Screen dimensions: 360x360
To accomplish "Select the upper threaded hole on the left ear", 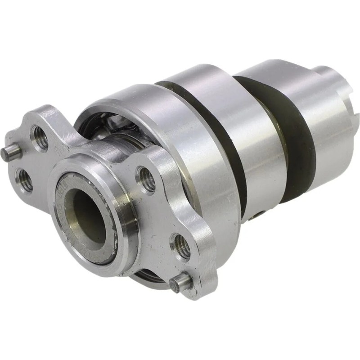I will pyautogui.click(x=40, y=137).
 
